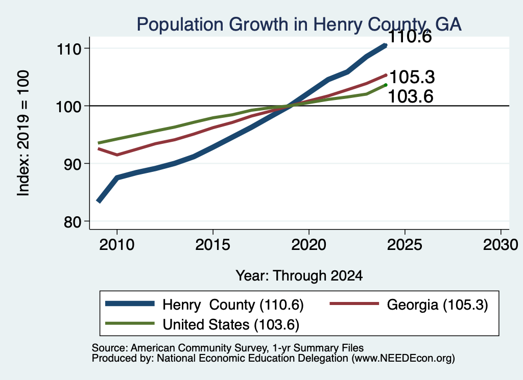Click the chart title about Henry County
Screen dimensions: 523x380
(299, 24)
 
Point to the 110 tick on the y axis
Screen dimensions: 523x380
(69, 49)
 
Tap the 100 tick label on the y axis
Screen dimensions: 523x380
(69, 107)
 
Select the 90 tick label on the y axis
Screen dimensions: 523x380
(73, 164)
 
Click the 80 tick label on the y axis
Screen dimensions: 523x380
(73, 221)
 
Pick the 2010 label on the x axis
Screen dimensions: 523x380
(117, 245)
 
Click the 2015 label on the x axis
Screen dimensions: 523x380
(213, 245)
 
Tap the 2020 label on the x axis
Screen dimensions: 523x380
(309, 245)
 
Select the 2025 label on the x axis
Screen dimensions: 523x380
(405, 245)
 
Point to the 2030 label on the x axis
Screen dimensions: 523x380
(501, 245)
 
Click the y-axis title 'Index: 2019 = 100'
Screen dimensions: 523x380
(23, 133)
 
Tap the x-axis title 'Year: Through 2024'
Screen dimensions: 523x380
(299, 276)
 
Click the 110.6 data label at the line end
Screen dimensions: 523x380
(410, 37)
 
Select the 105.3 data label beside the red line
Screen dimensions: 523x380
(412, 77)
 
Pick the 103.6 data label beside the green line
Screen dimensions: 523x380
(411, 96)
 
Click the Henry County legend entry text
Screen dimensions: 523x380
(233, 305)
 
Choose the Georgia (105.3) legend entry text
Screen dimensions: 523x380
(437, 305)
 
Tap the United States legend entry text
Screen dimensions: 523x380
(231, 324)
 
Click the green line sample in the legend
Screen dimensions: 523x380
(130, 323)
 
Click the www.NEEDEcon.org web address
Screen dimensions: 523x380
(403, 359)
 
